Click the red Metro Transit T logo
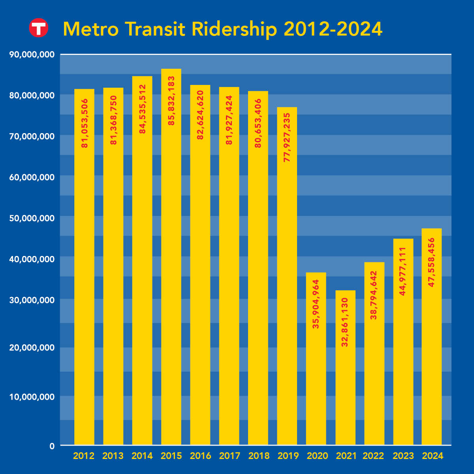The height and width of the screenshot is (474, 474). point(38,28)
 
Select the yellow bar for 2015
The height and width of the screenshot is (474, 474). point(171,257)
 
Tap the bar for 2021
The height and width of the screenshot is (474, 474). point(345,367)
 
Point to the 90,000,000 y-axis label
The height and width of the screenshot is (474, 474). point(32,55)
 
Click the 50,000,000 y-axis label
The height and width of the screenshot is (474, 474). point(32,218)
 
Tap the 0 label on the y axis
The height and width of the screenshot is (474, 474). point(52,446)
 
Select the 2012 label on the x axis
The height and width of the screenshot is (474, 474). point(84,456)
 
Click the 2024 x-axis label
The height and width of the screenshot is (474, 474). point(433,456)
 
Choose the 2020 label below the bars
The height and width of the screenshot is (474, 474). point(317,456)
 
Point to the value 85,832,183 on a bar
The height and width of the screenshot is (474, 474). point(171,101)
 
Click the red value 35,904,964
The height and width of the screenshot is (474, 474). point(316,304)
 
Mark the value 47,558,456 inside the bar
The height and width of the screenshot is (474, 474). point(431,262)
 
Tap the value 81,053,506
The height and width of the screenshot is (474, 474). point(85,123)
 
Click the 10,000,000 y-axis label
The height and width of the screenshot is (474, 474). point(32,397)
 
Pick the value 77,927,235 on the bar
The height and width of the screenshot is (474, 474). point(287,137)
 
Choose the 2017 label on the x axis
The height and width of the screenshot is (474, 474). point(229,456)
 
